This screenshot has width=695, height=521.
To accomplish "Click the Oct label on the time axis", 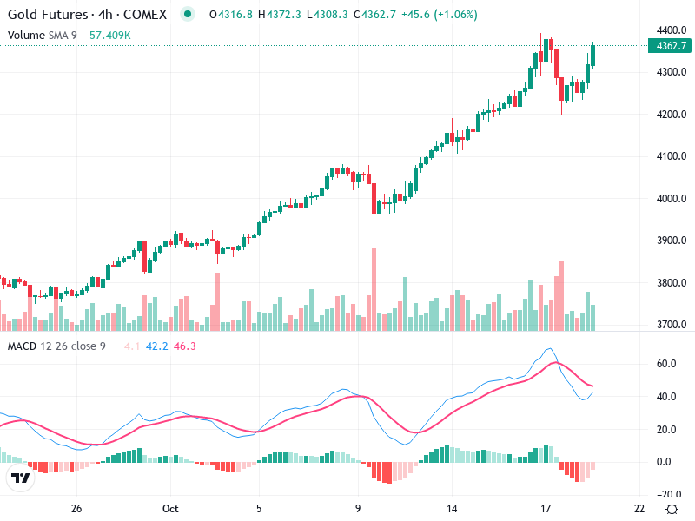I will point(170,509).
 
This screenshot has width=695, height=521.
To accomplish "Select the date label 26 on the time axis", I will point(76,509).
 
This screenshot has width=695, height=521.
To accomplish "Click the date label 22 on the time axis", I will point(639,509).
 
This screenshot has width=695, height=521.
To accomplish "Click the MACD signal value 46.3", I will point(185,346).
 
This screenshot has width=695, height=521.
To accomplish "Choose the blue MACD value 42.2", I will point(157,346).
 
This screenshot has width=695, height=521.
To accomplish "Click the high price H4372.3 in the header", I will point(280,15).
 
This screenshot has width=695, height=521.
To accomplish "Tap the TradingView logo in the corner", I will point(21,478).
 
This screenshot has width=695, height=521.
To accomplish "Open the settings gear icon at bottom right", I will point(672,509).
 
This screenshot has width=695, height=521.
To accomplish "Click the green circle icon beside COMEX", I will point(187,15).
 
